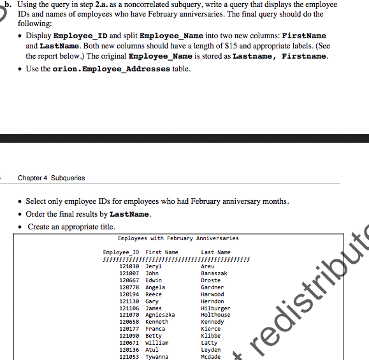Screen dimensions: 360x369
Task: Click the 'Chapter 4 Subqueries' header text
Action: click(x=51, y=178)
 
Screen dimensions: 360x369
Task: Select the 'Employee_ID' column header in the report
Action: click(x=121, y=252)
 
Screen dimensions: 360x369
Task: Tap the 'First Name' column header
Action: click(x=162, y=252)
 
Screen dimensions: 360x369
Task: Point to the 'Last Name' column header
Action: click(x=215, y=252)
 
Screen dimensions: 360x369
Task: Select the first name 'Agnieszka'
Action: click(x=161, y=315)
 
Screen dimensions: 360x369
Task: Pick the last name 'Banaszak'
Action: click(x=214, y=273)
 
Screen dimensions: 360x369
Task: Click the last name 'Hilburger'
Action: click(x=215, y=308)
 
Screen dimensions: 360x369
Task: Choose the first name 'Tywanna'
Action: click(x=157, y=357)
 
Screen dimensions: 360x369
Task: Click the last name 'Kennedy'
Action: click(x=212, y=322)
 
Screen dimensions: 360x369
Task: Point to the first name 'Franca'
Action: click(x=156, y=329)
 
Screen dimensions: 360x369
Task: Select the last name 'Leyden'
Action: click(x=211, y=350)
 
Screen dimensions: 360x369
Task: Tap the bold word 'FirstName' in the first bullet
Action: click(x=303, y=36)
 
